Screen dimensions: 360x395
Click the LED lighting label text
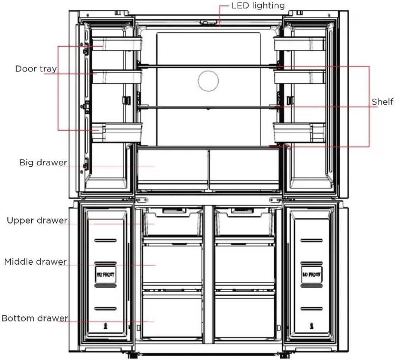[258, 6]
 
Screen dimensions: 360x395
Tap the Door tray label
[36, 69]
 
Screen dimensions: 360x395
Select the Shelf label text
[382, 102]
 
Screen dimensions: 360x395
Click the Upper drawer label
[37, 220]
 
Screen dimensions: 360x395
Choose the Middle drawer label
[35, 262]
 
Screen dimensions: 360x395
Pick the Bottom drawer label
[35, 318]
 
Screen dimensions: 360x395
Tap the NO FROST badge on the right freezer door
[311, 276]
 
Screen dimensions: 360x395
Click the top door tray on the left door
[116, 44]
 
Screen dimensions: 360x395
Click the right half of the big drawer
[244, 166]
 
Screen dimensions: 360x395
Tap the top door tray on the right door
[299, 44]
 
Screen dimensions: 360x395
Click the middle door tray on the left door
[116, 77]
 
